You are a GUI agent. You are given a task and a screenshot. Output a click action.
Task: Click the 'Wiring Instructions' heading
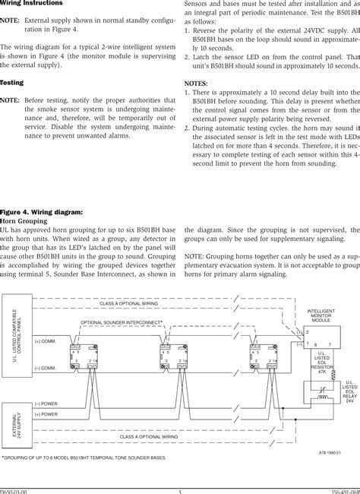tap(35, 4)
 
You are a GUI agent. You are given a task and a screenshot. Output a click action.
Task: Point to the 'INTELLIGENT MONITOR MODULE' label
tap(321, 315)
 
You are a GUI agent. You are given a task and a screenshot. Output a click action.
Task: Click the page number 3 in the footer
tap(180, 490)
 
